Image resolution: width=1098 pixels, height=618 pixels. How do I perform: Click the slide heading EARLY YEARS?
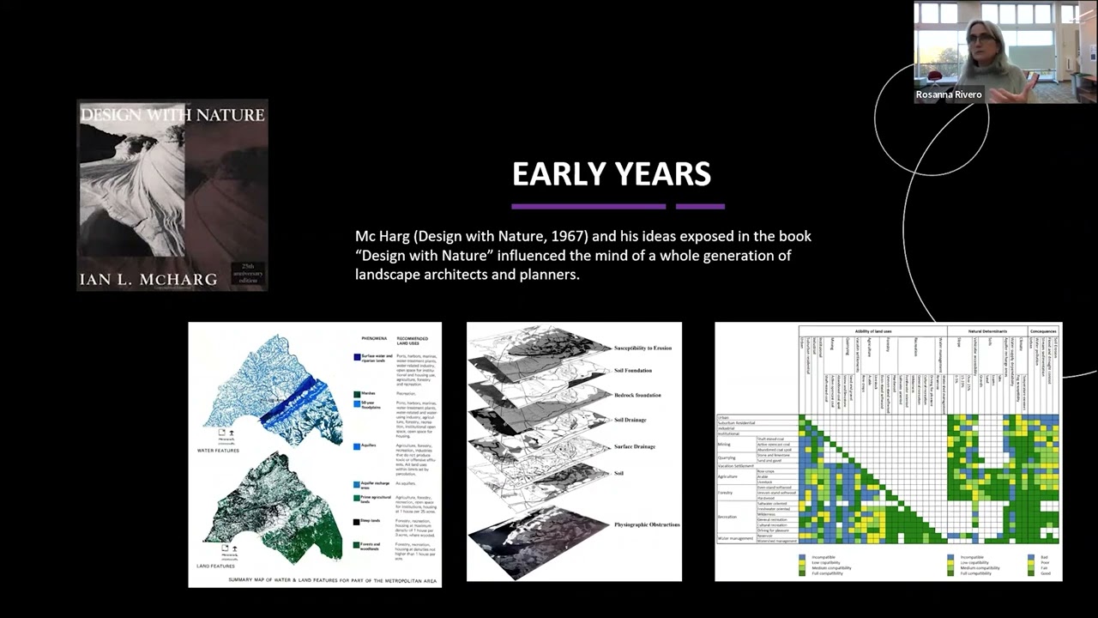pos(611,174)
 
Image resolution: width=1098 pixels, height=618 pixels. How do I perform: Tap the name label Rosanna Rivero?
pos(948,94)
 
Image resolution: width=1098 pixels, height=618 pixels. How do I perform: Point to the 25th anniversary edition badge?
pos(248,274)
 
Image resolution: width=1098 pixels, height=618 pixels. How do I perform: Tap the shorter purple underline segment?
pos(700,206)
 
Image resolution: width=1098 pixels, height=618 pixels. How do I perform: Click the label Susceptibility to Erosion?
pos(643,348)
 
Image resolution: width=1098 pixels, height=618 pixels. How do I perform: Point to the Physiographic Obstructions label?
pos(646,524)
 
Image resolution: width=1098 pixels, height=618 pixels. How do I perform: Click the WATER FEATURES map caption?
pos(218,450)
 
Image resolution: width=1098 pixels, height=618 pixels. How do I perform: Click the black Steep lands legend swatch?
pos(356,521)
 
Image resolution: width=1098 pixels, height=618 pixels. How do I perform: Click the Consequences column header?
pos(1043,330)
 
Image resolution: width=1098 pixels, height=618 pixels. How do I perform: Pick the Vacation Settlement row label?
pos(735,466)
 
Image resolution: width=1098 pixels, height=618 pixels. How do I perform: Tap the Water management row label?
pos(735,538)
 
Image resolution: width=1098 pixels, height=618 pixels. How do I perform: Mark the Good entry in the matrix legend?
pos(1044,573)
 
